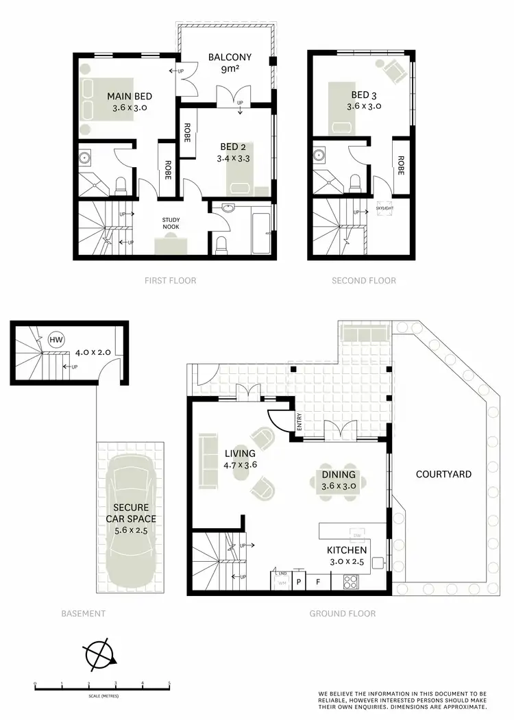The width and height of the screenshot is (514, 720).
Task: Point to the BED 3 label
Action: pos(365,95)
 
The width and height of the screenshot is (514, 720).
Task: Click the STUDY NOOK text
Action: pos(171,223)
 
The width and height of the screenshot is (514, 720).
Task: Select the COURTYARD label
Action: pos(443,473)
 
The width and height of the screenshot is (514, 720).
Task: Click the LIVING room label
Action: pos(240,454)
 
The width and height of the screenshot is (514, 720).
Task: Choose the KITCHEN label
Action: pos(346,550)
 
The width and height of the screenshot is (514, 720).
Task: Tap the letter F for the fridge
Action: pos(317,582)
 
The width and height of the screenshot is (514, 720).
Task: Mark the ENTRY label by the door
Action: pos(299,425)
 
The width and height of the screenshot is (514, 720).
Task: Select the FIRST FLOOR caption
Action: pos(170,280)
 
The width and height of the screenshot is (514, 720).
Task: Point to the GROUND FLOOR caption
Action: pos(343,614)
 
